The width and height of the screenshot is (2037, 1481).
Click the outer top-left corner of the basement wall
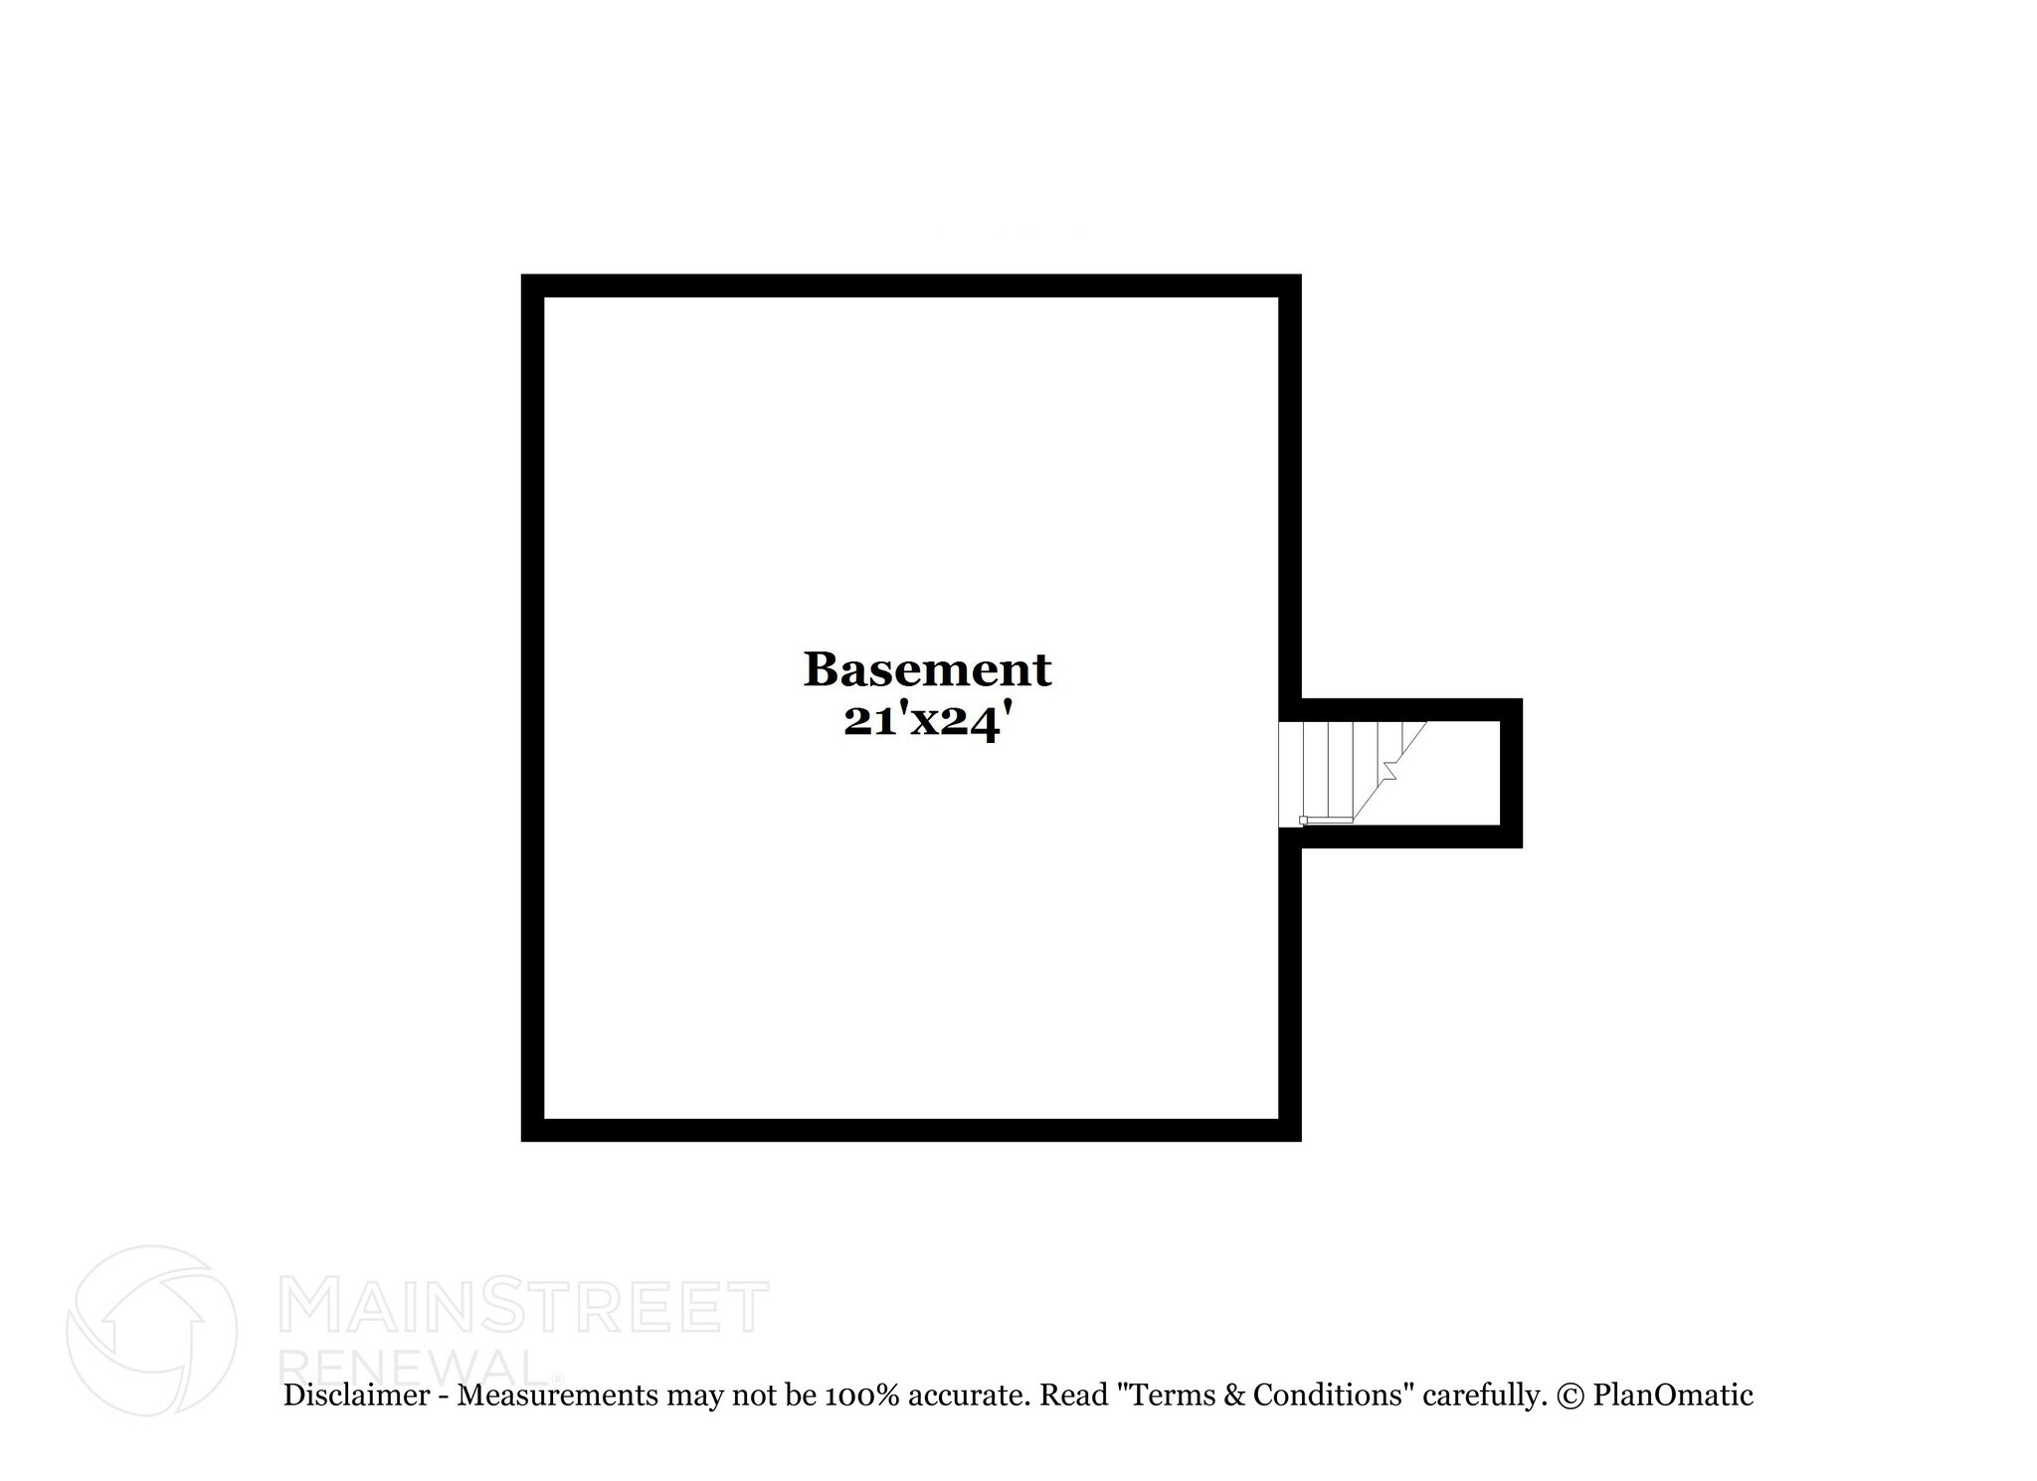[522, 276]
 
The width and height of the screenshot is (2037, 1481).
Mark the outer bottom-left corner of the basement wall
[522, 1140]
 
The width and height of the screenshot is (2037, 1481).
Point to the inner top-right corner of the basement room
[1278, 297]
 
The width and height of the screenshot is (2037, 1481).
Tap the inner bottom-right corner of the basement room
[1278, 1118]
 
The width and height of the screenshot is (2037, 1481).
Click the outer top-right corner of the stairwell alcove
[1522, 700]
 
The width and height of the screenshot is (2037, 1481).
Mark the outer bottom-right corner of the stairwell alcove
[1522, 847]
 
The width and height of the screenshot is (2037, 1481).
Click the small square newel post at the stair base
[1303, 821]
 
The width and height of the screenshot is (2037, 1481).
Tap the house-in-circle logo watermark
[151, 1330]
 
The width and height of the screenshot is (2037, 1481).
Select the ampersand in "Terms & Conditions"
[1234, 1395]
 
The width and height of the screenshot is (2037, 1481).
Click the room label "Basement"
[927, 669]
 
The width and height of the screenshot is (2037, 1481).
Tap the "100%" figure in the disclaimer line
[861, 1395]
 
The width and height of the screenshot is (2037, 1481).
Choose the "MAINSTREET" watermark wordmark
[526, 1306]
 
